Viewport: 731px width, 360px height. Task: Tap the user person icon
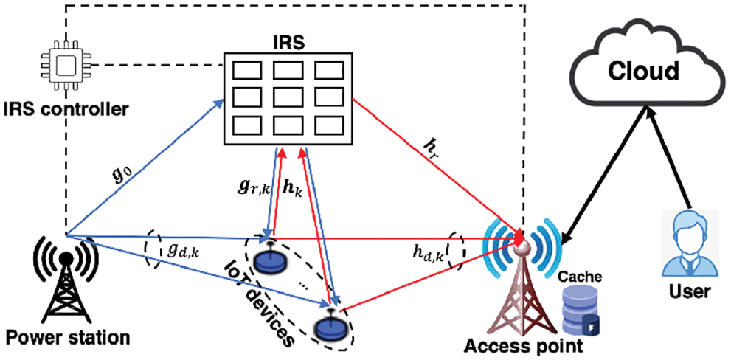687,244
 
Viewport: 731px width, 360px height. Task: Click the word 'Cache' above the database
581,277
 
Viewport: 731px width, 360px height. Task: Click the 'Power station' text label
68,339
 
